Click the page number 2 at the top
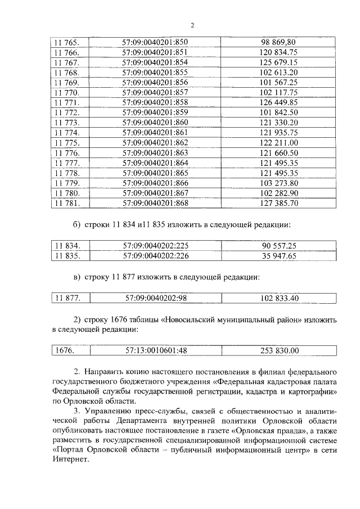click(x=192, y=25)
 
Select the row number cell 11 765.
click(x=66, y=42)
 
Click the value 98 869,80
click(x=278, y=42)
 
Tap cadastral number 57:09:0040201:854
click(x=155, y=62)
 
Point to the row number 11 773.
click(x=66, y=122)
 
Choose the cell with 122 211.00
click(x=278, y=142)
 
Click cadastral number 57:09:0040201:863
click(x=155, y=152)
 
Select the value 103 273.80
click(x=278, y=183)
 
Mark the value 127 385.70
click(x=278, y=203)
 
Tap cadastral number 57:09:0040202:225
click(x=155, y=246)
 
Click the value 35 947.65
click(x=278, y=256)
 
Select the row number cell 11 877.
click(x=66, y=298)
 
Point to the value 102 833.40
click(x=278, y=298)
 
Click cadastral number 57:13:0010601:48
click(x=155, y=351)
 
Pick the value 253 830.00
click(x=278, y=351)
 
